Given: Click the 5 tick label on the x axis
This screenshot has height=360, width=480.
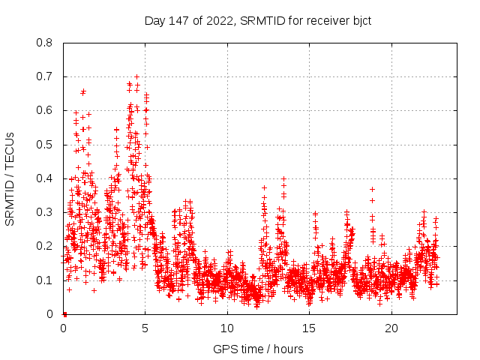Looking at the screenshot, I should point(145,328).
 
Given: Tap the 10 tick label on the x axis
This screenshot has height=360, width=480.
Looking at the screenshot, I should point(227,328).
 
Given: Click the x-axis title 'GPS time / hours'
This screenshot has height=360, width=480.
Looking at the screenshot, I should point(258,349).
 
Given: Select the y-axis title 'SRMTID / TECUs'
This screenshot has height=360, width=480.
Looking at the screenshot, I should point(10,178).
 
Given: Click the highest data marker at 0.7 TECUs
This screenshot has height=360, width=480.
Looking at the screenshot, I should point(136,76).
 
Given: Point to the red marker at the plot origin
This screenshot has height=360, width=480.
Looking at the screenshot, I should point(64,313).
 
